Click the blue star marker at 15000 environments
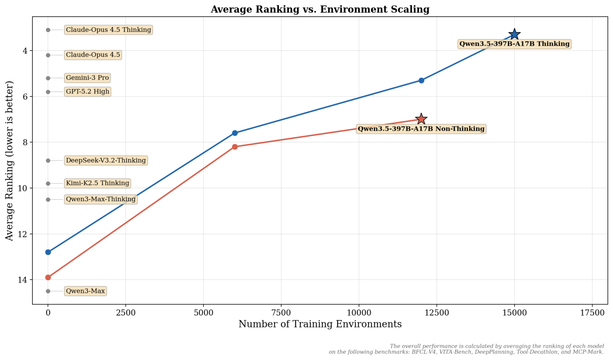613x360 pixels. pos(515,35)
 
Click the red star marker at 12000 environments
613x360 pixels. pos(421,119)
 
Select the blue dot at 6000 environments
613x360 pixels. pos(235,133)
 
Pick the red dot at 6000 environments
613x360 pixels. pos(235,147)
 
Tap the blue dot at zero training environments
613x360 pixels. pos(48,252)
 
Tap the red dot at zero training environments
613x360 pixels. pos(48,277)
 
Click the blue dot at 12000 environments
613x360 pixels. pos(421,81)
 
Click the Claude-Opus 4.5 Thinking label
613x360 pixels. pos(108,30)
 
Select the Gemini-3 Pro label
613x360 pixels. pos(87,78)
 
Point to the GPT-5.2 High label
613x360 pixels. pos(88,92)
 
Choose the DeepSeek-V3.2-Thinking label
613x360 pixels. pos(106,160)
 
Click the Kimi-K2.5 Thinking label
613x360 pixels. pos(97,183)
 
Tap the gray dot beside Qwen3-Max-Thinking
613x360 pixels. pos(48,200)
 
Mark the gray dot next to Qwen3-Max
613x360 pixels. pos(48,291)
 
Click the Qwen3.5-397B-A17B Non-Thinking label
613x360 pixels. pos(421,129)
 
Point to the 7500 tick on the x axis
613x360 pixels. pos(281,313)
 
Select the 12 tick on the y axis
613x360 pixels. pos(23,234)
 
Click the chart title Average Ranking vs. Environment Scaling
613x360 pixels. pos(320,9)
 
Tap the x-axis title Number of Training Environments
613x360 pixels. pos(320,324)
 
